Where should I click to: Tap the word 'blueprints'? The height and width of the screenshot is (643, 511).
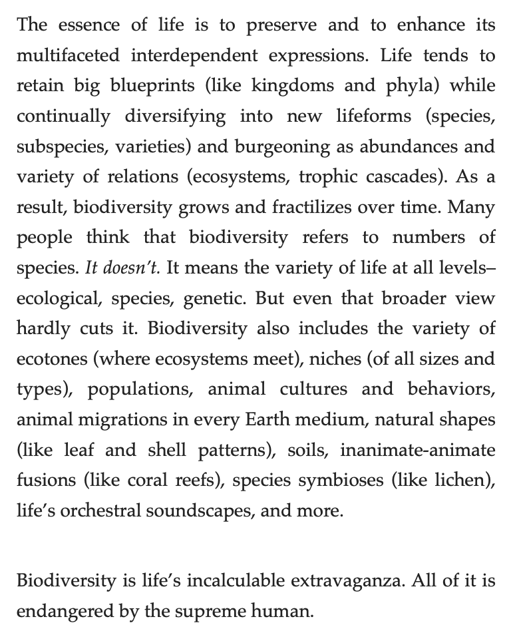[156, 86]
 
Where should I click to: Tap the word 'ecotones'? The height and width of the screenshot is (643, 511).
[51, 359]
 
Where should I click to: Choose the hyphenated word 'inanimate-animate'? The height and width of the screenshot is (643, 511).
[418, 450]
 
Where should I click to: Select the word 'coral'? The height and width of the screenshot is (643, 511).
[162, 480]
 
